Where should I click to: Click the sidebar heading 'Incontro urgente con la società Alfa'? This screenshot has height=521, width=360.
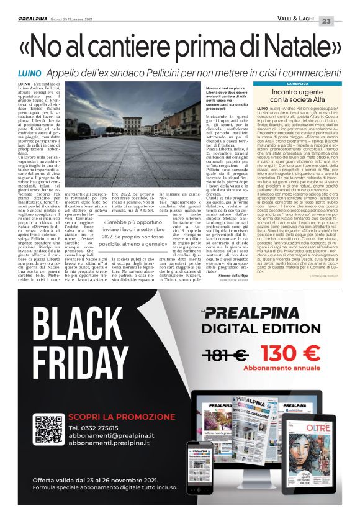click(x=303, y=96)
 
